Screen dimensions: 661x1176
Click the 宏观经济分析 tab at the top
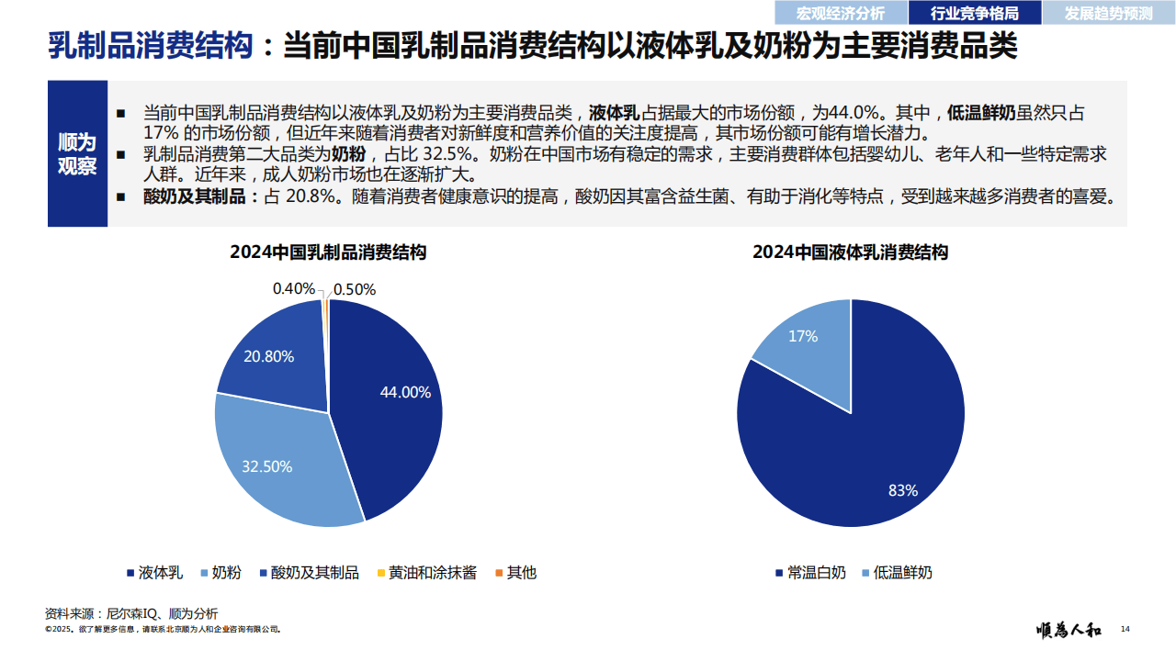840,13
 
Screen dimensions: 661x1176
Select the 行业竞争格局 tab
975,13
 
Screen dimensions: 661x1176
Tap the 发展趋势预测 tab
1109,13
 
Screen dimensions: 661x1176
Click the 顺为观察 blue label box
77,153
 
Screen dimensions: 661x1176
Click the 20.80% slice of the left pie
271,358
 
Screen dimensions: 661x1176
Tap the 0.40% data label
294,288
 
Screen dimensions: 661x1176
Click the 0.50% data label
355,289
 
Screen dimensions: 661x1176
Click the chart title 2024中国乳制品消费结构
328,252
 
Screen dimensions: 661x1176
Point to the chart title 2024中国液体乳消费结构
850,252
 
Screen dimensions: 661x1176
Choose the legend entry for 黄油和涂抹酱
426,573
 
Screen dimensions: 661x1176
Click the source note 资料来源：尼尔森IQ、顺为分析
131,612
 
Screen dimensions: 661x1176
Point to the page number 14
1125,629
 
